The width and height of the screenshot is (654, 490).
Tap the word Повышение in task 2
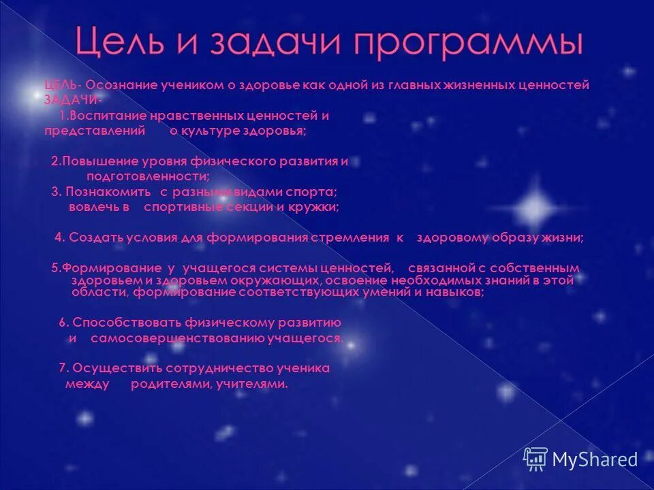point(95,161)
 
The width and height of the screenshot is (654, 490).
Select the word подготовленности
point(142,176)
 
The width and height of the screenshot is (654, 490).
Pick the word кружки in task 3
point(316,207)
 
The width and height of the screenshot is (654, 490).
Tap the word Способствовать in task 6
point(120,322)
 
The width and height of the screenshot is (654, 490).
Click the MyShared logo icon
point(535,459)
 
